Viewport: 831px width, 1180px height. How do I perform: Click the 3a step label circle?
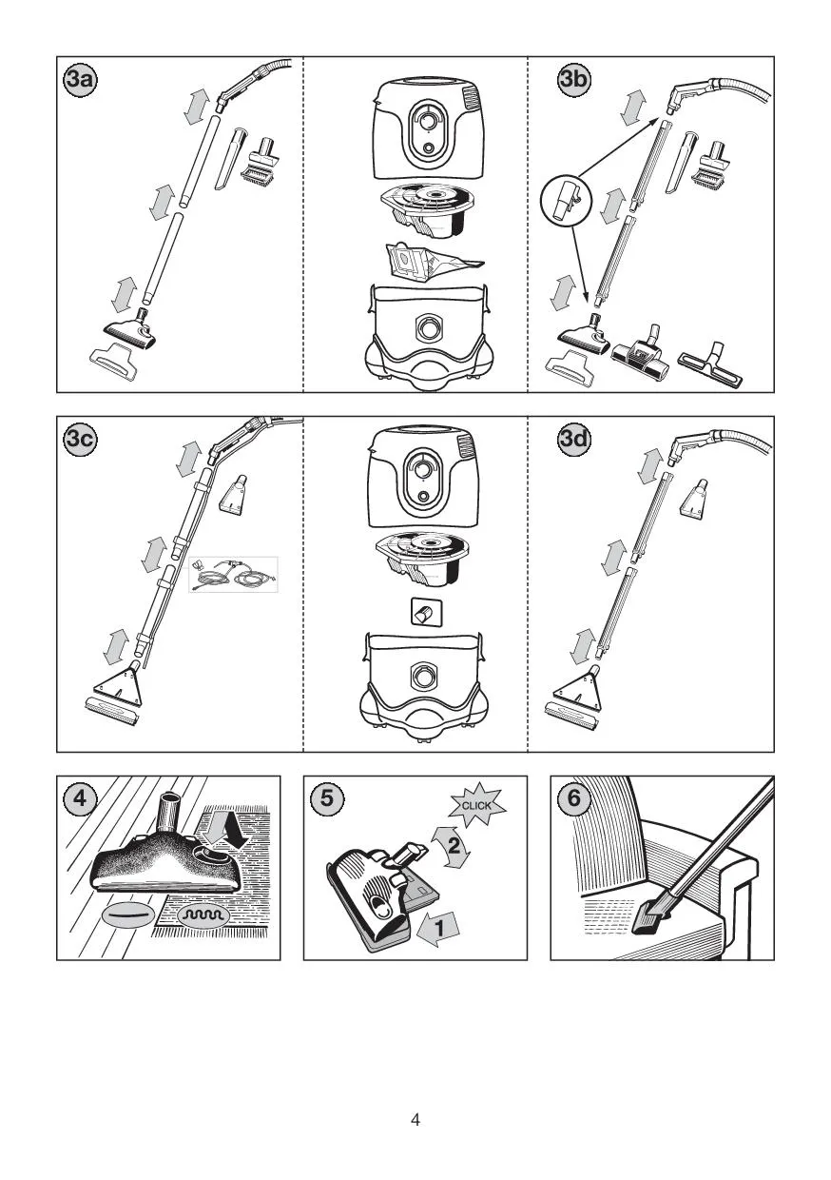click(x=80, y=80)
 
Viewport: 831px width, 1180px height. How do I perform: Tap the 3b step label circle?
click(x=573, y=80)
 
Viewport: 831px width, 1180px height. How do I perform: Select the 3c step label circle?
click(x=80, y=439)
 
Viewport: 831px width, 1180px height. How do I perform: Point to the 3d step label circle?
click(x=573, y=439)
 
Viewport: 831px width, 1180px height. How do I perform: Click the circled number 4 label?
click(x=80, y=798)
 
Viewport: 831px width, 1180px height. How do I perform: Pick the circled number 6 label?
click(x=573, y=798)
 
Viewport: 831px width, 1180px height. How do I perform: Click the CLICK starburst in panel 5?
click(x=476, y=805)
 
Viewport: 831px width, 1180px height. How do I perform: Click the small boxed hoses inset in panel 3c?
click(x=234, y=574)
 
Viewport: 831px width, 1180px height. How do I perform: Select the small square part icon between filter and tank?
click(x=426, y=613)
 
